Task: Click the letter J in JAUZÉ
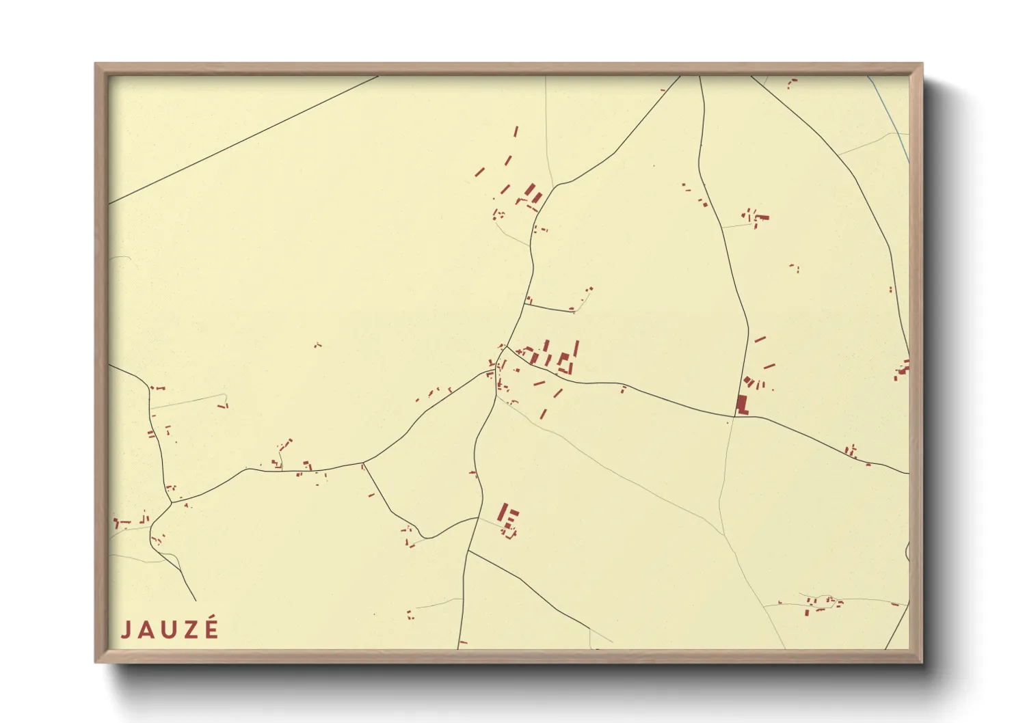coord(126,629)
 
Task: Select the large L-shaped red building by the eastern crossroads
coord(741,405)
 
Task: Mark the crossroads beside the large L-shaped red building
coord(734,416)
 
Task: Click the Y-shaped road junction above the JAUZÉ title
coord(171,504)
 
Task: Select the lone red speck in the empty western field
coord(317,345)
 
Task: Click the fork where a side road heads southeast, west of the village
coord(362,463)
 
